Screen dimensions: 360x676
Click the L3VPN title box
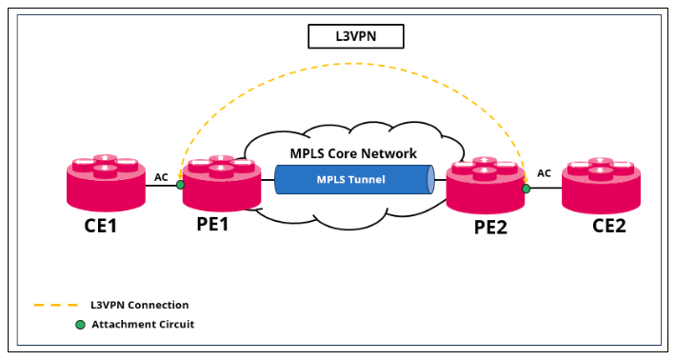[356, 36]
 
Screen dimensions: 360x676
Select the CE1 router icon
[106, 183]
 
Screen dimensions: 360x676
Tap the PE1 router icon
[222, 182]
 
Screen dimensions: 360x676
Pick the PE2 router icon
[486, 185]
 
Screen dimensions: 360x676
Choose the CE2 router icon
[601, 185]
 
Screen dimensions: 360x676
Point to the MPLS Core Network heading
[353, 153]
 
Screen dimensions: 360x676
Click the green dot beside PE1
[181, 185]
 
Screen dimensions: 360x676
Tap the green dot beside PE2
[526, 189]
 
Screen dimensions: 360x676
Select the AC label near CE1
[162, 176]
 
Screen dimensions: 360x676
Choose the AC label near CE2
[544, 173]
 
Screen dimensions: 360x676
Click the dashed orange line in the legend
[55, 306]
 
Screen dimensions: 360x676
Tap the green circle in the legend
[80, 325]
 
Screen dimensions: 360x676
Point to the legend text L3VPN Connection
[139, 306]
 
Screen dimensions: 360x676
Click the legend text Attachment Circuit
[142, 325]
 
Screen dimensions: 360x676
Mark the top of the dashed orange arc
[353, 66]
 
